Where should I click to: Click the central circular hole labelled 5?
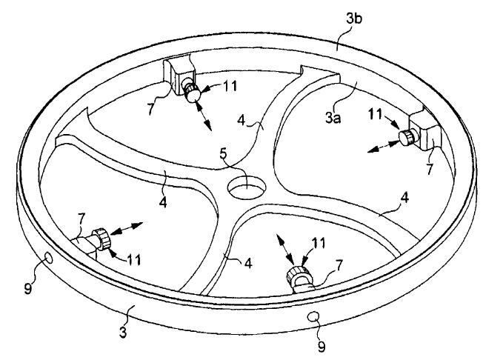247,187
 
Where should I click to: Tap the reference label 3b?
353,19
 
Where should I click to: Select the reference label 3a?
333,118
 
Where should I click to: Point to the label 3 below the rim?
123,333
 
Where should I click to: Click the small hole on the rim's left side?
49,258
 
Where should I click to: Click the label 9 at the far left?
28,289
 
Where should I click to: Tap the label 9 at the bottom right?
322,347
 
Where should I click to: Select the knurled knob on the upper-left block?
192,91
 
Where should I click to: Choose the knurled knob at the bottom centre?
297,273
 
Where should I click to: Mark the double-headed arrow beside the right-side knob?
383,146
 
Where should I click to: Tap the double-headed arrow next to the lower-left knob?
126,228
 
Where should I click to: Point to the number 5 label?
223,154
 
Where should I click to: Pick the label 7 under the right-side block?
429,168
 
